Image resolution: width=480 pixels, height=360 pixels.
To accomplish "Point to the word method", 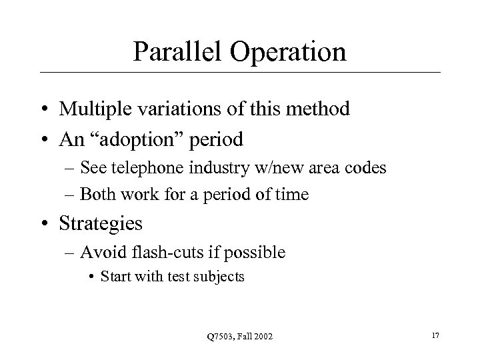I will [x=317, y=109].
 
